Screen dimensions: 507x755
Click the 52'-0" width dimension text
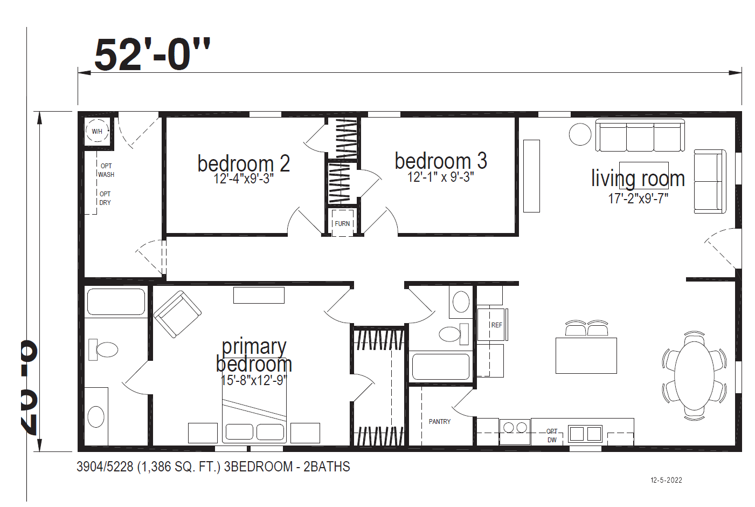tap(152, 54)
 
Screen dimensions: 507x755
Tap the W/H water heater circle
tap(97, 131)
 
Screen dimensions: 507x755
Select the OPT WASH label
tap(106, 170)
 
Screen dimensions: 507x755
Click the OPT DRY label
tap(105, 198)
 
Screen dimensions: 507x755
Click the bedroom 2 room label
tap(244, 163)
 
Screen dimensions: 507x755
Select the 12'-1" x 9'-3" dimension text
tap(440, 177)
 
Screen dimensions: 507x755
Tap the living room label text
tap(638, 179)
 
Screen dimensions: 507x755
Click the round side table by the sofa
tap(580, 134)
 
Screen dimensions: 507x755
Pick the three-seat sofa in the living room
tap(640, 136)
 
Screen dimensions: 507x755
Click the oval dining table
tap(695, 375)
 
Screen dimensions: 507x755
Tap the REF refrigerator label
tap(496, 325)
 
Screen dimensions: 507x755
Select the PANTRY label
tap(440, 422)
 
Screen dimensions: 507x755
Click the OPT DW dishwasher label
tap(552, 436)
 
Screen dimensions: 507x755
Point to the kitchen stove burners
tap(515, 428)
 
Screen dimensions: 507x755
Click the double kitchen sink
tap(585, 433)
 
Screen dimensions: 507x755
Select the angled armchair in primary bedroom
tap(177, 314)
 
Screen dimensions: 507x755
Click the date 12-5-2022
tap(666, 480)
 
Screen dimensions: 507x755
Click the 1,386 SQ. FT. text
tap(179, 467)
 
